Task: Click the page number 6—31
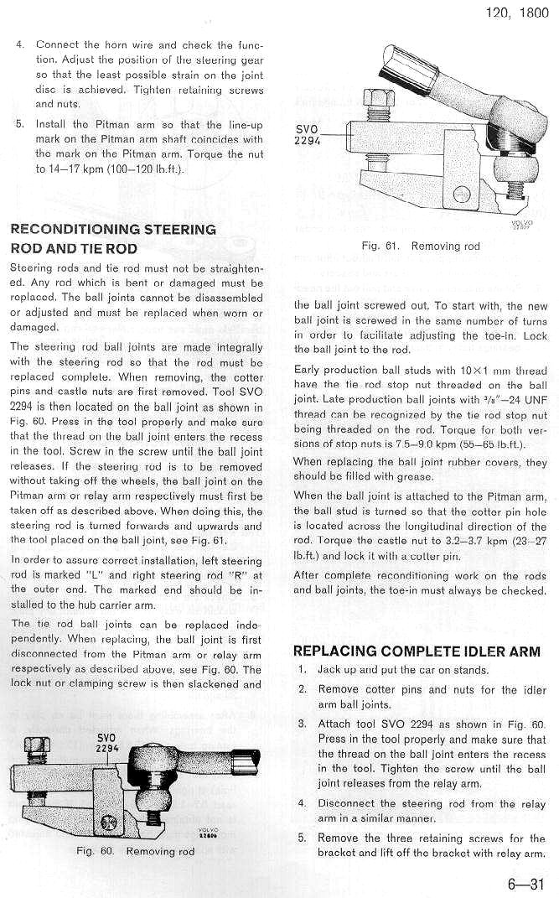525,882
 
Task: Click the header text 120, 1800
516,14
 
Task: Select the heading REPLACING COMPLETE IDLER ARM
417,651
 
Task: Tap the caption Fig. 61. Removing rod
422,246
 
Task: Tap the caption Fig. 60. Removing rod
135,851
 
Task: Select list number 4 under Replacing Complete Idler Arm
302,805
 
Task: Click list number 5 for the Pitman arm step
20,124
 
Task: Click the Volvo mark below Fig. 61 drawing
520,224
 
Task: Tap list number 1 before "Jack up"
302,671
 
